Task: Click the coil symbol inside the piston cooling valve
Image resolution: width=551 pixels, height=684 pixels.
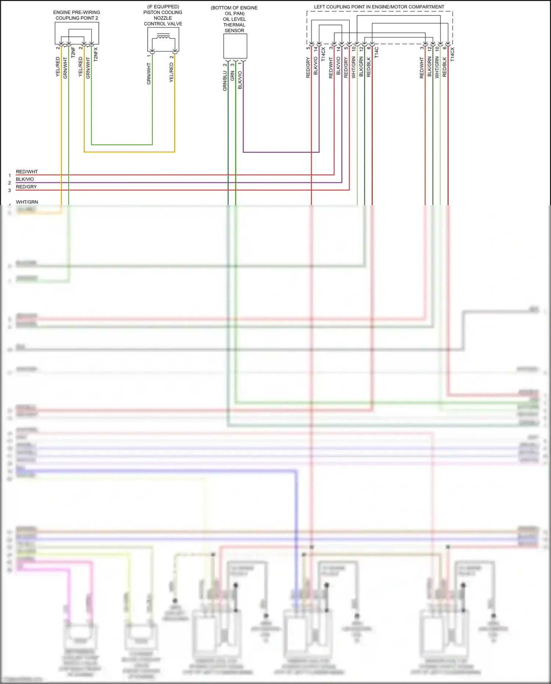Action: pyautogui.click(x=163, y=37)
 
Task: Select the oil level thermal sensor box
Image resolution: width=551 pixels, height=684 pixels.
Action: pyautogui.click(x=235, y=46)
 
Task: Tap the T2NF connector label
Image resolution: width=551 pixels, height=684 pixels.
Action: pyautogui.click(x=73, y=52)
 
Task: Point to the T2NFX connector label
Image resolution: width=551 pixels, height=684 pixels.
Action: pyautogui.click(x=96, y=54)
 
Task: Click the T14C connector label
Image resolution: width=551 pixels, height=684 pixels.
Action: pyautogui.click(x=377, y=53)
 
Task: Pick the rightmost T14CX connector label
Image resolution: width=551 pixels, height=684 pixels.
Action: pyautogui.click(x=452, y=54)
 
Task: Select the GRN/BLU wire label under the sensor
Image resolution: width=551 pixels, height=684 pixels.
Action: pyautogui.click(x=225, y=81)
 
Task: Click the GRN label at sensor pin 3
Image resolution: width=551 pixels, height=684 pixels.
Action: pyautogui.click(x=233, y=76)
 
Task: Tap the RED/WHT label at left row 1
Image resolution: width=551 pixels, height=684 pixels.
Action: pyautogui.click(x=26, y=172)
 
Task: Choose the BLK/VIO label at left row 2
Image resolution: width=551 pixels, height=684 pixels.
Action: pyautogui.click(x=25, y=179)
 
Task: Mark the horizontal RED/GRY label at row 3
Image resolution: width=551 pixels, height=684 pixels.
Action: pyautogui.click(x=26, y=187)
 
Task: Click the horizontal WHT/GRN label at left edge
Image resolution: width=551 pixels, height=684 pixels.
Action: pyautogui.click(x=27, y=202)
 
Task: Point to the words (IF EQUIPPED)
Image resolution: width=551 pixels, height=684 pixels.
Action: pyautogui.click(x=163, y=7)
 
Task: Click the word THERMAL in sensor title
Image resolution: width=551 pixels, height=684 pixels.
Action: pyautogui.click(x=234, y=25)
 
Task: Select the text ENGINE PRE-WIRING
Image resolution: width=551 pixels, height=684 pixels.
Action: pyautogui.click(x=76, y=12)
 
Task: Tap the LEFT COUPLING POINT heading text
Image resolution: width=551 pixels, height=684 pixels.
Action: pyautogui.click(x=379, y=7)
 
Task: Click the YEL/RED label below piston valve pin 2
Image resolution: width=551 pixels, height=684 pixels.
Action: pyautogui.click(x=172, y=72)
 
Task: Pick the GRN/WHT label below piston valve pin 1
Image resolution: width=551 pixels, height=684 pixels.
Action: pyautogui.click(x=149, y=74)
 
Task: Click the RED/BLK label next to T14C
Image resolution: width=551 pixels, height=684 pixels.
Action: pyautogui.click(x=369, y=67)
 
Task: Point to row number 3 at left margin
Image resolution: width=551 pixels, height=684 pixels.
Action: pyautogui.click(x=10, y=190)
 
